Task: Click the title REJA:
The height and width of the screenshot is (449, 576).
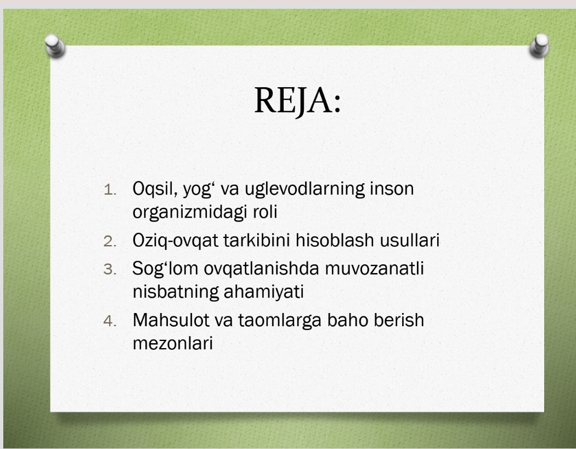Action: (297, 100)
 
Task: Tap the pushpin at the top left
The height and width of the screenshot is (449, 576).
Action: (55, 46)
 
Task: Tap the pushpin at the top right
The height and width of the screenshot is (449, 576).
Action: (540, 46)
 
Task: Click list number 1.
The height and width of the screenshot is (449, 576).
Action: (110, 190)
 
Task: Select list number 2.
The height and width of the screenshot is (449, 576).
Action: (110, 241)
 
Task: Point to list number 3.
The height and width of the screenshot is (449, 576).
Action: (110, 269)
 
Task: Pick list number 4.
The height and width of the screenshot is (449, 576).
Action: (110, 321)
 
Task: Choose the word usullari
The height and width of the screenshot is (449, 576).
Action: (410, 241)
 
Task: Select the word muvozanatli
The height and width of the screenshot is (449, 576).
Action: (374, 269)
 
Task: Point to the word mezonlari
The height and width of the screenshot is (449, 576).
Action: (173, 344)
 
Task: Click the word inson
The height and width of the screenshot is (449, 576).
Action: (392, 189)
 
